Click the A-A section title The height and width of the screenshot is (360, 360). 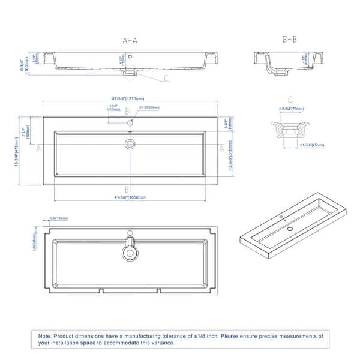(x=130, y=41)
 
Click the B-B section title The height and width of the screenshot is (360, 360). (x=289, y=40)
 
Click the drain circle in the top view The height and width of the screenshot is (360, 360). (x=130, y=144)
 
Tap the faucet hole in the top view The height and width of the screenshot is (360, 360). (x=130, y=122)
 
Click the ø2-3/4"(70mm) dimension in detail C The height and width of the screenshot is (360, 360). (x=291, y=109)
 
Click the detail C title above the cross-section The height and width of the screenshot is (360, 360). (x=290, y=100)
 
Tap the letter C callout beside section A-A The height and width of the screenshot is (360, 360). (x=166, y=78)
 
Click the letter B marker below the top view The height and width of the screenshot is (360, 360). (x=127, y=190)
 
